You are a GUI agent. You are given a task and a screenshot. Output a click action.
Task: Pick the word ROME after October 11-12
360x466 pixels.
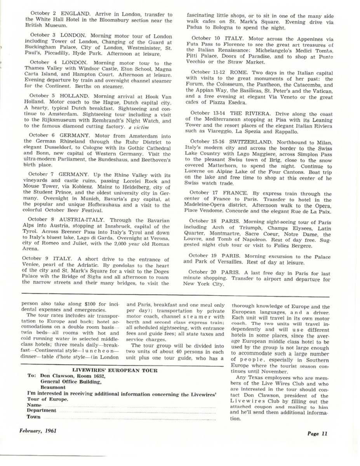pyautogui.click(x=237, y=72)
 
